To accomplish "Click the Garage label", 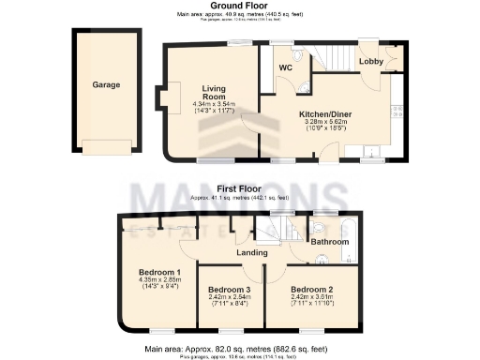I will [105, 84].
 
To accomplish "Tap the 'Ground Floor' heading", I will [240, 6].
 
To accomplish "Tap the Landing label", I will [249, 251].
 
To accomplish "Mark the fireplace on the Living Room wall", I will [171, 97].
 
